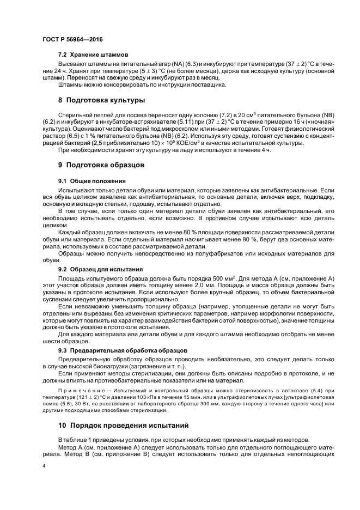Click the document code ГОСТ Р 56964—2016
pyautogui.click(x=72, y=40)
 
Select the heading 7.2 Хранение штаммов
pyautogui.click(x=93, y=55)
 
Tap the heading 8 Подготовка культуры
pyautogui.click(x=101, y=100)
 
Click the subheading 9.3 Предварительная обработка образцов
pyautogui.click(x=123, y=350)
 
